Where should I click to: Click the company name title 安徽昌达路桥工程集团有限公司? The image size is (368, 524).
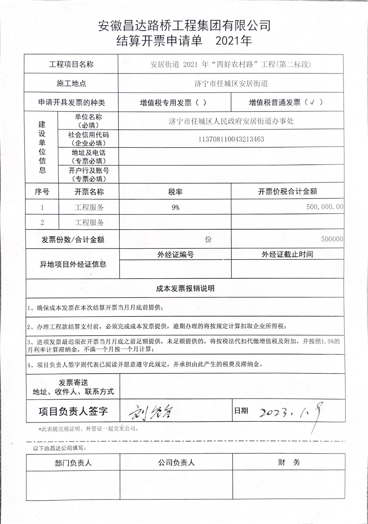(184, 26)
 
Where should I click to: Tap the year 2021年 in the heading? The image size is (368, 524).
(234, 41)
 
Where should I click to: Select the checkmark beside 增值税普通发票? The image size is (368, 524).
(312, 103)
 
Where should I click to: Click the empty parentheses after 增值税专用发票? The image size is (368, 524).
(201, 103)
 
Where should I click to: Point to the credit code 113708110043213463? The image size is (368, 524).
(231, 139)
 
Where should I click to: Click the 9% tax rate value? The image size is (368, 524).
(175, 208)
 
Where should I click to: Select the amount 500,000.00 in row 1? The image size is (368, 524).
(325, 207)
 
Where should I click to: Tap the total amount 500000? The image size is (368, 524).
(332, 239)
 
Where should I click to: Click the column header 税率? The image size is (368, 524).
(175, 192)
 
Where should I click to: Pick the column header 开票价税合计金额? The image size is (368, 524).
(287, 191)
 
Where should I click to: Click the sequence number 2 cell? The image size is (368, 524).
(42, 223)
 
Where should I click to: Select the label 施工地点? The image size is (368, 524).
(71, 83)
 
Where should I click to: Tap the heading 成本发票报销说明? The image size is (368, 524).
(185, 289)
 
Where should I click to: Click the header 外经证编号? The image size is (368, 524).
(175, 255)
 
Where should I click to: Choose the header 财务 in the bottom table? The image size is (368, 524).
(289, 462)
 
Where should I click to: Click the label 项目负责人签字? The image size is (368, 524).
(73, 411)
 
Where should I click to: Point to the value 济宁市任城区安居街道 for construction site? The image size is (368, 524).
(231, 83)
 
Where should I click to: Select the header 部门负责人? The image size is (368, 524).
(73, 463)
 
